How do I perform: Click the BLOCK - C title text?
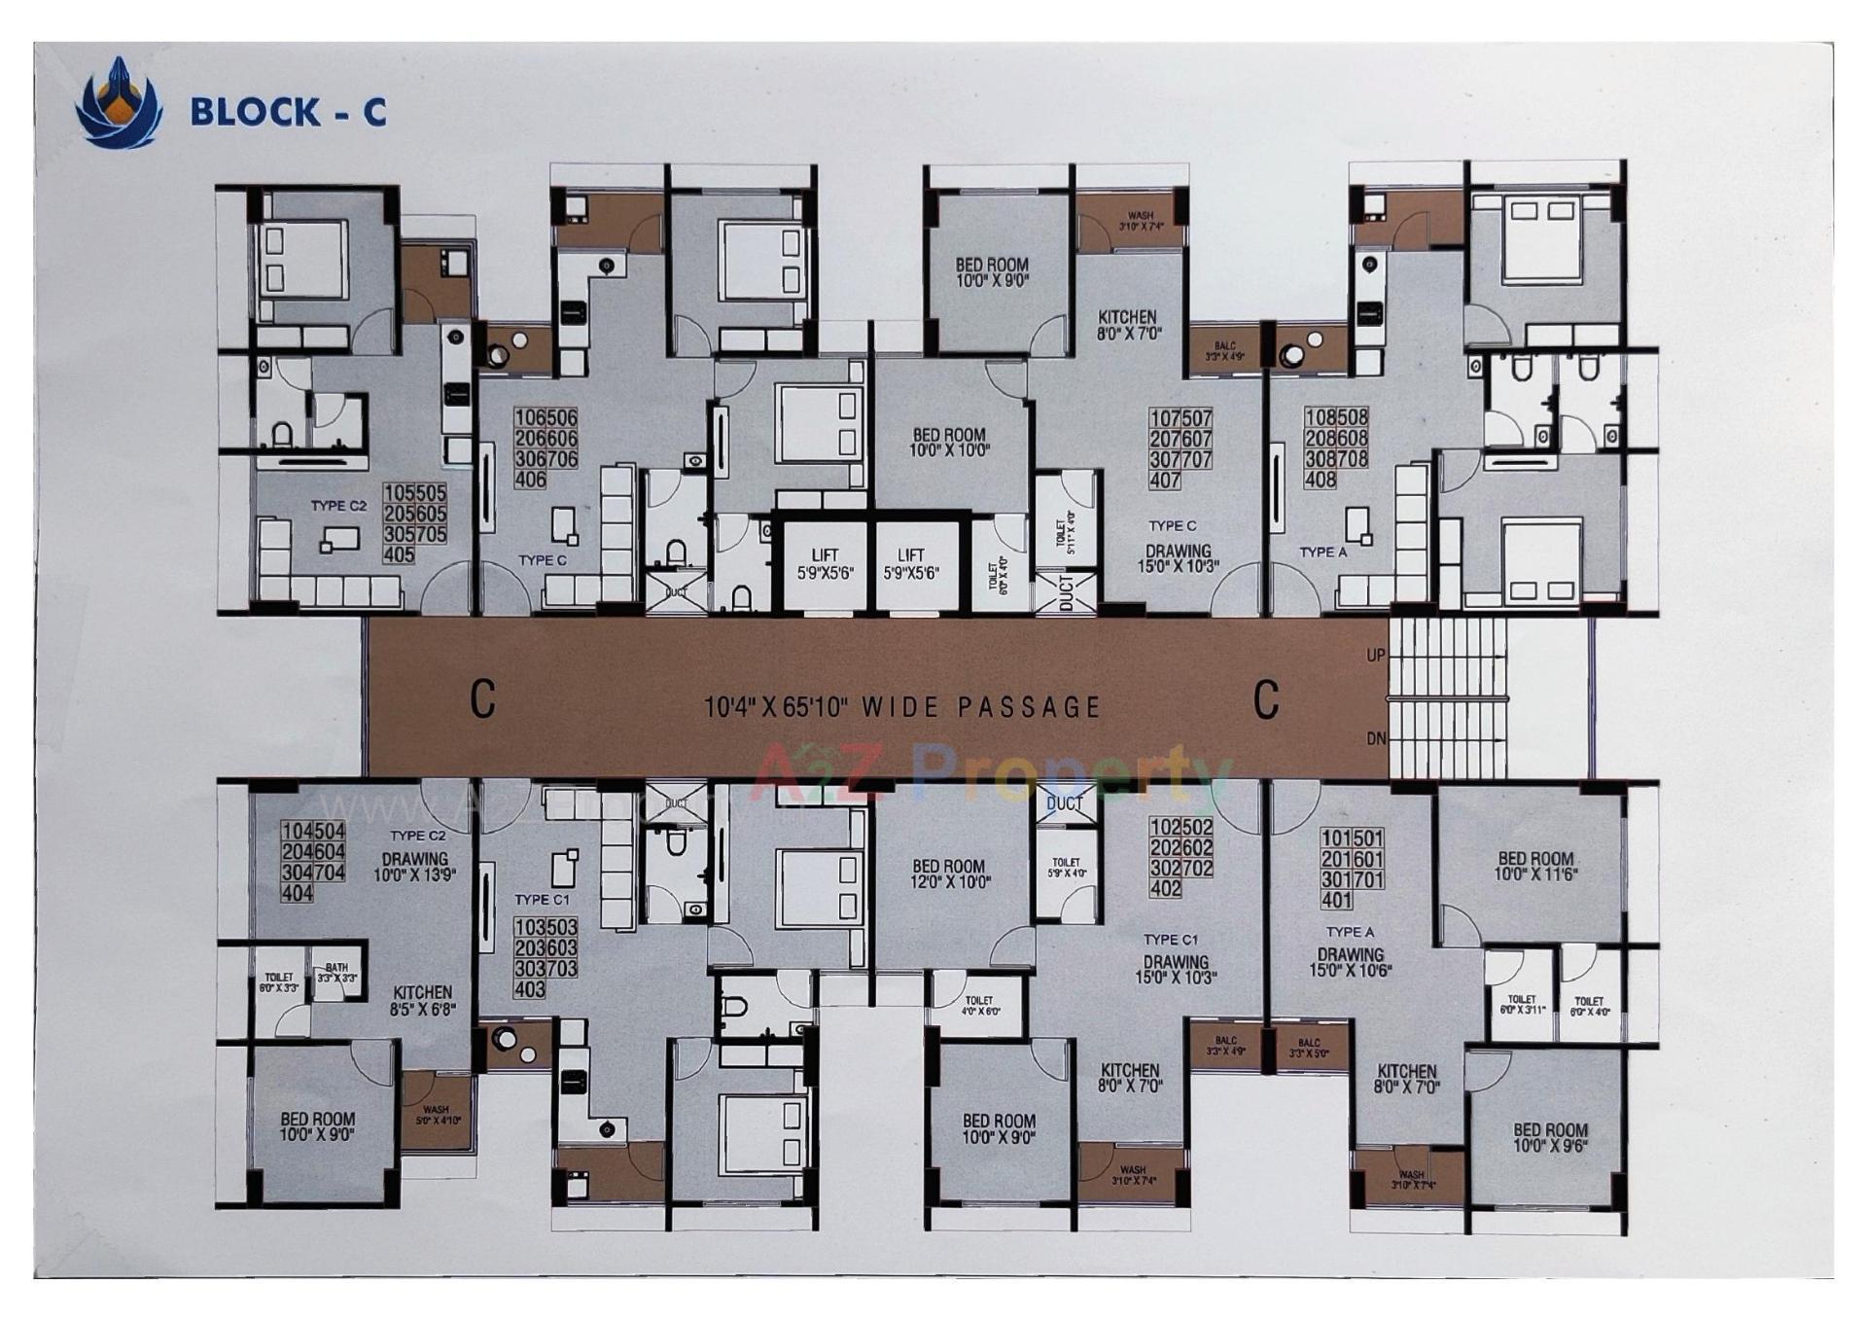click(288, 112)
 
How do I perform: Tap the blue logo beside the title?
click(119, 103)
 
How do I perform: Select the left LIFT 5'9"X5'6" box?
click(825, 565)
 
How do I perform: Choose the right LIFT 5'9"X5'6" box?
click(910, 565)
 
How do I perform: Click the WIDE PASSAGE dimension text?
click(901, 706)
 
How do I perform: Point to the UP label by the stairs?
click(1375, 656)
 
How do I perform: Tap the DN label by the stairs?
click(1375, 739)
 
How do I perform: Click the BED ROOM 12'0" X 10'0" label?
click(948, 874)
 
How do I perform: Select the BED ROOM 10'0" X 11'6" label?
click(1535, 866)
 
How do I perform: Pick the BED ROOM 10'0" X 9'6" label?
click(1550, 1137)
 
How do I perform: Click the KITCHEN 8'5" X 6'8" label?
click(422, 1001)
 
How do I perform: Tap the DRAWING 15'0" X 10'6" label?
click(1350, 962)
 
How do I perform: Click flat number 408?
click(1320, 480)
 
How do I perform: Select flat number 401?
click(1337, 901)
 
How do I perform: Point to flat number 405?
click(399, 555)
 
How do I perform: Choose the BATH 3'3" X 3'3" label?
click(336, 973)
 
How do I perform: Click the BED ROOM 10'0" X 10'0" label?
click(948, 443)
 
